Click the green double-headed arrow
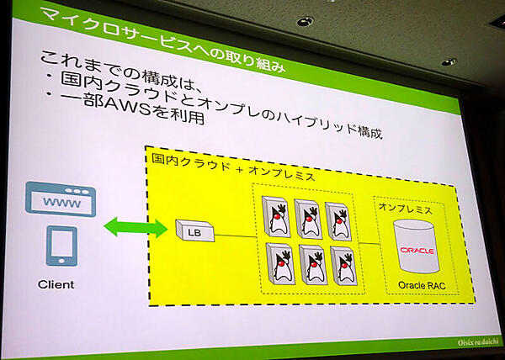pos(134,225)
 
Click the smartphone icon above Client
pos(61,246)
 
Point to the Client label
pos(56,284)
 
